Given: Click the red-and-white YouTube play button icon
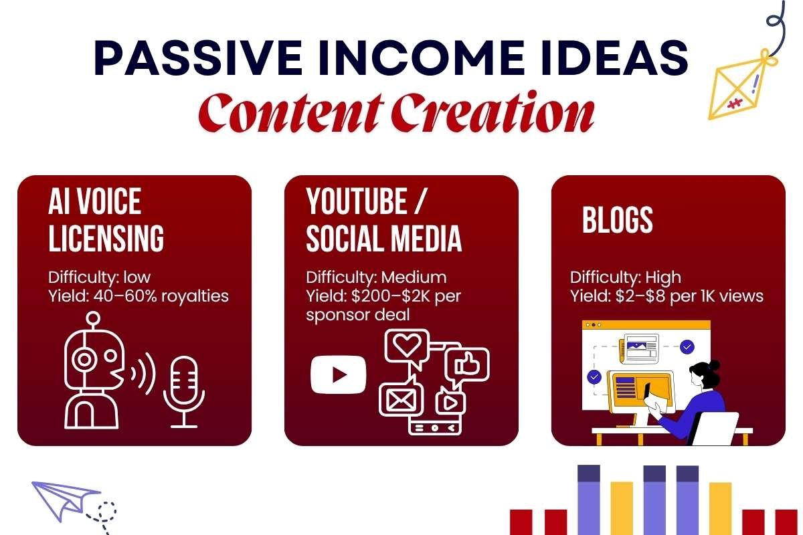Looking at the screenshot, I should click(x=339, y=374).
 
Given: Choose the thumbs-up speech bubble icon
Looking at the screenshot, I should click(x=467, y=364).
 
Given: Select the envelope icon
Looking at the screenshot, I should click(x=398, y=401).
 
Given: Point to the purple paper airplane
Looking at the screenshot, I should click(x=64, y=498).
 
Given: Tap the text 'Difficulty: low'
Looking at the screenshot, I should click(x=100, y=277).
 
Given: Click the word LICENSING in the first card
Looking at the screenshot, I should click(x=106, y=239).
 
